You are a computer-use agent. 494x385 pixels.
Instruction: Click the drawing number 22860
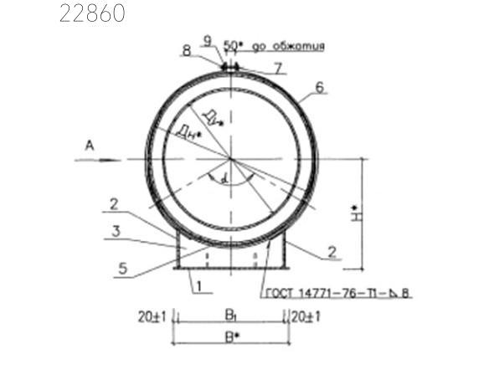coord(92,14)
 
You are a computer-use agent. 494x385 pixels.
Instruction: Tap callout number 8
coord(186,50)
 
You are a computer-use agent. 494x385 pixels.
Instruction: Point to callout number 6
coord(318,86)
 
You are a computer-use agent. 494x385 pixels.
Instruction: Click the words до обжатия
coord(294,47)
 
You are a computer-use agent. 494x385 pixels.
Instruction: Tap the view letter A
coord(90,146)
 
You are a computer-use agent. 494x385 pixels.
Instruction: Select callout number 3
coord(118,230)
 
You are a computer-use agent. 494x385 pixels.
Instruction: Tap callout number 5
coord(123,268)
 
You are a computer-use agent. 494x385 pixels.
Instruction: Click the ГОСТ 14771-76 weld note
coord(338,294)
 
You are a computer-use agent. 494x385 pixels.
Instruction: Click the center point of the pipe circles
coord(230,159)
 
